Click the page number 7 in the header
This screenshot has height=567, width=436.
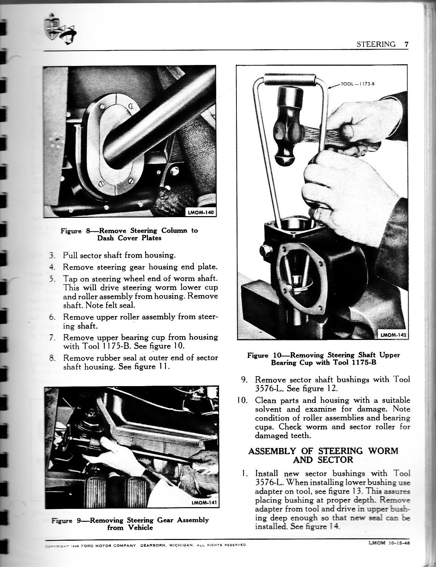(x=406, y=44)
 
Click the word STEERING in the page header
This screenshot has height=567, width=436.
(x=376, y=44)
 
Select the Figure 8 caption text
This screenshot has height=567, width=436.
(x=129, y=234)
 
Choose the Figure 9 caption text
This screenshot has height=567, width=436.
(x=130, y=524)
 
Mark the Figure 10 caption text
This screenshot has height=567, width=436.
(x=323, y=359)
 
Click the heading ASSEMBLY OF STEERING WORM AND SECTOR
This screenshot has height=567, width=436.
(x=323, y=455)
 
